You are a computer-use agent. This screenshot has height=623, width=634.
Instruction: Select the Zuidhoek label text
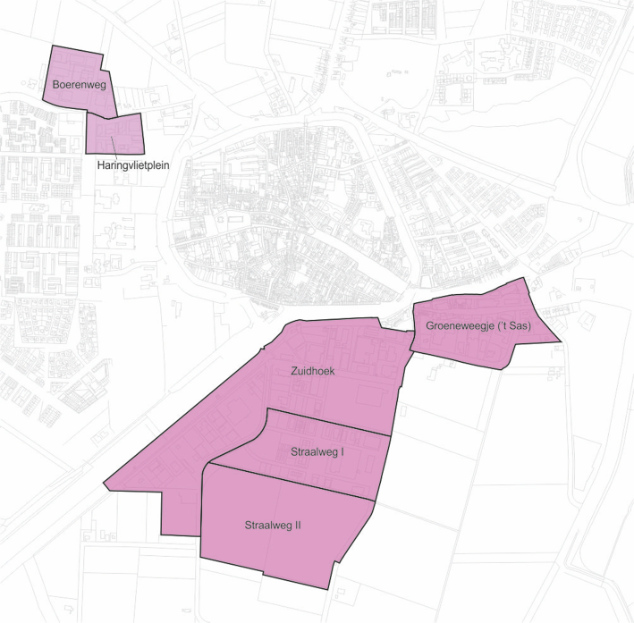point(312,372)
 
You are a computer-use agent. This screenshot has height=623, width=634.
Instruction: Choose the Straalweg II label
point(272,526)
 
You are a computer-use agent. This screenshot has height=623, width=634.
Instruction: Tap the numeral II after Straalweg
point(296,526)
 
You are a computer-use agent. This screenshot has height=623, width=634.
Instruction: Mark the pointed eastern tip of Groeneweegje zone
point(561,341)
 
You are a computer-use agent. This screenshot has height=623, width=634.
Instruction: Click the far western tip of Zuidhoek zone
point(105,479)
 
